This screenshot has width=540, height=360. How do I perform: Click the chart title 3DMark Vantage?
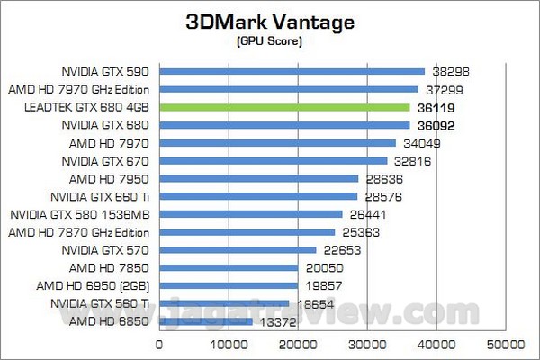click(271, 21)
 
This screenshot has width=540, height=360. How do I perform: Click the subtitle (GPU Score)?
click(271, 41)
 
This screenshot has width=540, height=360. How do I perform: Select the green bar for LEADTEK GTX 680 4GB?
click(284, 107)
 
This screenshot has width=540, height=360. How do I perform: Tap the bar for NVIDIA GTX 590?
click(292, 71)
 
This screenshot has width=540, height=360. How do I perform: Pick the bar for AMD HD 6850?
click(206, 320)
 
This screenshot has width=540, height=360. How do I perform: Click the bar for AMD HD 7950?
click(258, 178)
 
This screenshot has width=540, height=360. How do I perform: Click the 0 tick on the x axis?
click(160, 344)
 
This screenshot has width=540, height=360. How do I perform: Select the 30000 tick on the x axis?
click(366, 344)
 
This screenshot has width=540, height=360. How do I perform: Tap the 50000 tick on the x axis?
click(505, 344)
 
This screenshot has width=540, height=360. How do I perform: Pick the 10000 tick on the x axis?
click(229, 344)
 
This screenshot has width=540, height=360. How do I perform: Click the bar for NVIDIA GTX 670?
click(273, 160)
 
